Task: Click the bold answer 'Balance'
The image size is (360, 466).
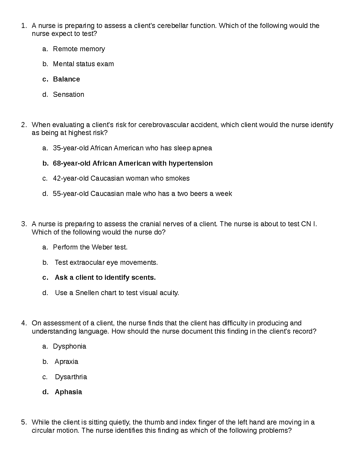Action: click(66, 79)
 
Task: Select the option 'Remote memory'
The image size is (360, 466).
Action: click(79, 49)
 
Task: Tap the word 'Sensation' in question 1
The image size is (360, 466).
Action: click(68, 94)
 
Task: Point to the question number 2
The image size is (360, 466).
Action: click(24, 125)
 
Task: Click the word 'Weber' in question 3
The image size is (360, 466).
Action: click(102, 247)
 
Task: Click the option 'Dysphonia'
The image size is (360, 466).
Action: click(69, 346)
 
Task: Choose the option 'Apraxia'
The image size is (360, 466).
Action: click(66, 362)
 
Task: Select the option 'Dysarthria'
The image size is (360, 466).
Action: click(71, 377)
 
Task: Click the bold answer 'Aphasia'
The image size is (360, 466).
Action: click(68, 392)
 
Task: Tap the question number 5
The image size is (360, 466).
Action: click(24, 422)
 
